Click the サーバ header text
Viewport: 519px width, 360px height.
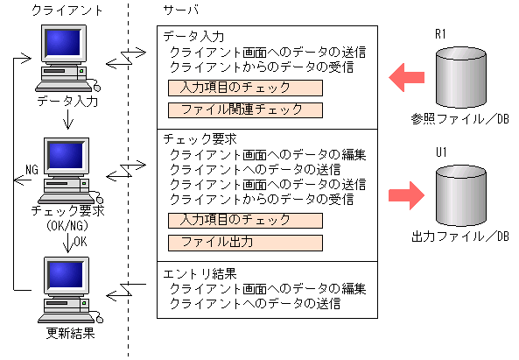tap(181, 10)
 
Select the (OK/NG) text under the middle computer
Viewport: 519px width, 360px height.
tap(67, 225)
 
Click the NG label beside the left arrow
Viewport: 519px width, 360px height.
tap(32, 168)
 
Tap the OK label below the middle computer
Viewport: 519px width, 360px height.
tap(80, 242)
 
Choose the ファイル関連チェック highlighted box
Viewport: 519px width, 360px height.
tap(245, 110)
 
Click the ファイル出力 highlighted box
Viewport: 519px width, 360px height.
tap(245, 242)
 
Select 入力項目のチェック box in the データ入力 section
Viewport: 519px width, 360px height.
tap(245, 88)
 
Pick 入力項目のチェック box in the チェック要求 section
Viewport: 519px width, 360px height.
tap(245, 219)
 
